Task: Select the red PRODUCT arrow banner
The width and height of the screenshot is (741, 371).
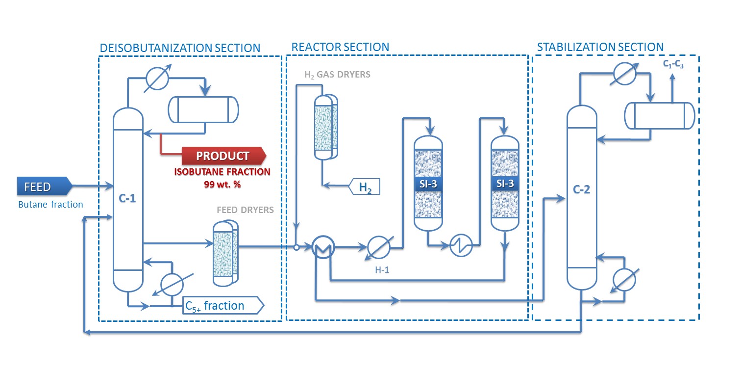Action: coord(223,156)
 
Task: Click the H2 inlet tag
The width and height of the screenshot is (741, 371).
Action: coord(364,187)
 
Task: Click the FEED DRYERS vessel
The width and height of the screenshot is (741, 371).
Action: coord(225,253)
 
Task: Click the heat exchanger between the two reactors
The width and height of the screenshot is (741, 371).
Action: coord(461,245)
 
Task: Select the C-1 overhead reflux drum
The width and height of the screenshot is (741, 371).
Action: coord(203,109)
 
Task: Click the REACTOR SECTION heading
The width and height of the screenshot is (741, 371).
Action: coord(340,47)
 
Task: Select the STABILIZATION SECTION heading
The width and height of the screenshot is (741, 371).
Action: coord(600,47)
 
